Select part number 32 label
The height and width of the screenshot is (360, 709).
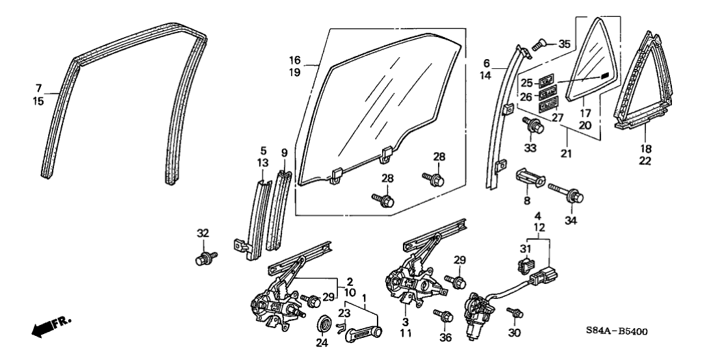[x=203, y=233]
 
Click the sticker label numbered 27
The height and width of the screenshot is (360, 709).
[x=549, y=103]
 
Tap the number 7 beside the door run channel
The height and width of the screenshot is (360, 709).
[x=38, y=86]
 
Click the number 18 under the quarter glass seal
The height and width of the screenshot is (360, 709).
[x=646, y=149]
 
